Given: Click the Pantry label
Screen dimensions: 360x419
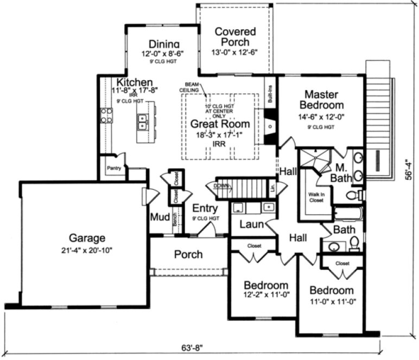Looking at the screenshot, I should (x=114, y=169).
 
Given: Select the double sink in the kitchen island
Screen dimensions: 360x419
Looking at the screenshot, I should (x=143, y=121).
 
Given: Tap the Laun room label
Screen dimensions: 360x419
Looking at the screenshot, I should (x=251, y=224).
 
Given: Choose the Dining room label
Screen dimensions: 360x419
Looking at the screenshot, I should (x=163, y=44).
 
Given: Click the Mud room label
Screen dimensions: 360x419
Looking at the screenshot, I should (x=159, y=217).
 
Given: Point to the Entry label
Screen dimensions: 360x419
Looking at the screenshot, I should (x=205, y=208).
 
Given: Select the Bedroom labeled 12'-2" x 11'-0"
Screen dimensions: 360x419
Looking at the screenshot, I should (x=265, y=285).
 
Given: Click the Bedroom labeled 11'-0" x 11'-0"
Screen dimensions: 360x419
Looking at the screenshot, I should (x=331, y=291).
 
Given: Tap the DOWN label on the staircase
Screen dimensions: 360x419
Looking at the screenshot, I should (x=221, y=185).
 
